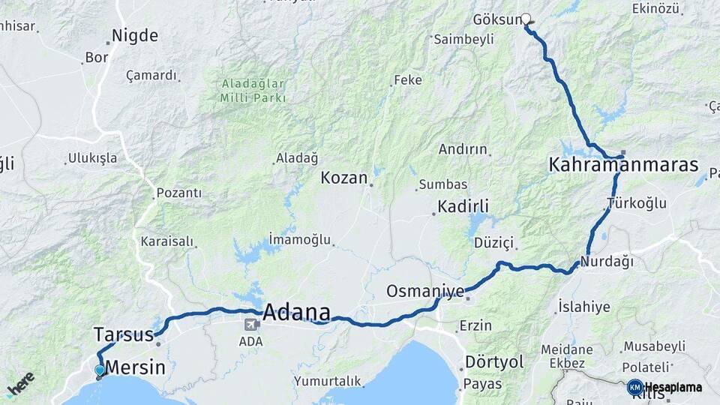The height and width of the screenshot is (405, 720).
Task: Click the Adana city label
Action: pos(296,312)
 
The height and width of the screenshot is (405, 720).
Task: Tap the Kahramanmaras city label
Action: pos(623,165)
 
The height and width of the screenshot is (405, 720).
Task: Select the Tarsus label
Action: pos(124,334)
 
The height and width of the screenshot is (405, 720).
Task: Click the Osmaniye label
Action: pos(425,290)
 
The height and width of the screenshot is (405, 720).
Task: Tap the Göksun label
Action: pos(497,19)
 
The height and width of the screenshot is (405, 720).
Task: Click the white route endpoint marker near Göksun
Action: pos(526,19)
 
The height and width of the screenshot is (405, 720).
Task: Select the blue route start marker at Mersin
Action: pos(100,370)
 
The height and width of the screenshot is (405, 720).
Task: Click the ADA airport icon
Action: pos(251,325)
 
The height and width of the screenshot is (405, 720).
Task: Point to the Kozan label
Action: pos(344,178)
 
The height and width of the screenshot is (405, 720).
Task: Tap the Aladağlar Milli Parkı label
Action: pos(253,91)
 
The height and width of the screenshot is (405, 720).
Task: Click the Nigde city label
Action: pos(135,35)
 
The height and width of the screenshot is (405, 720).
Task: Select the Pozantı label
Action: pos(179,193)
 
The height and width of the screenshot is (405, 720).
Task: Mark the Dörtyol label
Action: pos(494,361)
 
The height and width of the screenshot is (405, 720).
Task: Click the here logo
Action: pos(21,384)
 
